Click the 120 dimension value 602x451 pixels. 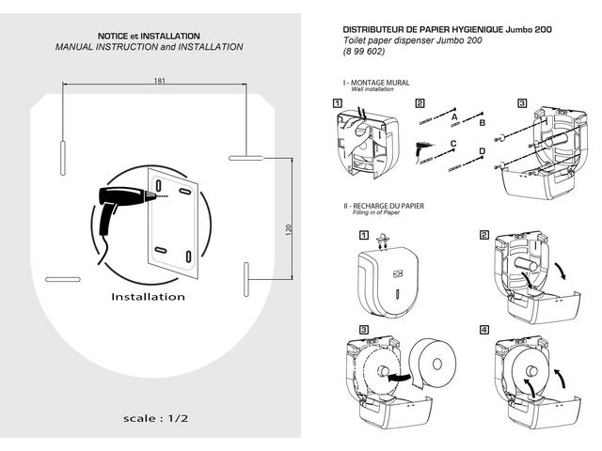click(289, 227)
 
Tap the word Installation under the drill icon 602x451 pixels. click(148, 296)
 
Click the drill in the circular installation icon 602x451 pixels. click(119, 203)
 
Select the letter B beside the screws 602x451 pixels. click(482, 122)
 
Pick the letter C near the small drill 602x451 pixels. click(453, 142)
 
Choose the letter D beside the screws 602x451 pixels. click(482, 151)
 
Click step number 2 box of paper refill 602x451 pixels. click(484, 234)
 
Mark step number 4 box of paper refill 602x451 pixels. click(484, 330)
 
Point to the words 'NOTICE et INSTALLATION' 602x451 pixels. click(149, 35)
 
